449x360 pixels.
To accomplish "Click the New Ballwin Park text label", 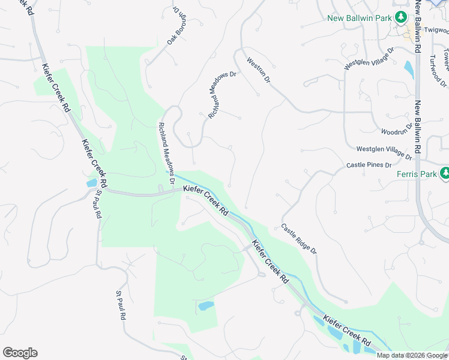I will pyautogui.click(x=359, y=18).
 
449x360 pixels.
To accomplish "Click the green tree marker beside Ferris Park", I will pyautogui.click(x=444, y=174).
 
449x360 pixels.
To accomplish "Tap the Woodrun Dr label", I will pyautogui.click(x=397, y=130).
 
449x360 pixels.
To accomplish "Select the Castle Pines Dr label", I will pyautogui.click(x=369, y=165).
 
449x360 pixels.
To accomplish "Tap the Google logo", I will pyautogui.click(x=20, y=353).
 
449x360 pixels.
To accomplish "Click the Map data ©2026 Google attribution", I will pyautogui.click(x=411, y=355).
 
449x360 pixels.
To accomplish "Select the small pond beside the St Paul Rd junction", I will pyautogui.click(x=91, y=183).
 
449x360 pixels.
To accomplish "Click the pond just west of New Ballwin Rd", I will pyautogui.click(x=409, y=70).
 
